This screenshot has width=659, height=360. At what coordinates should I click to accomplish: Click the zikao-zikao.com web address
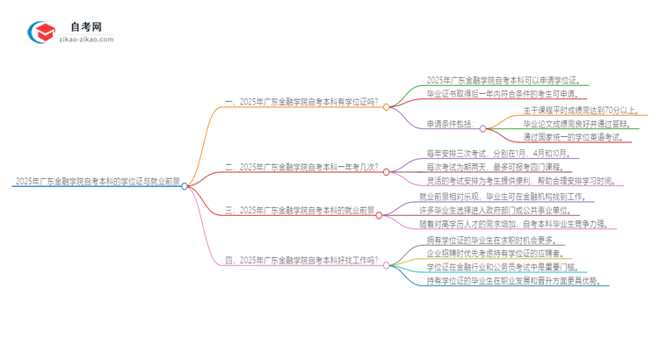point(87,40)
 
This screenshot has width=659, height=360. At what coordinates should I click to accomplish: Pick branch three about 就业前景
point(301,210)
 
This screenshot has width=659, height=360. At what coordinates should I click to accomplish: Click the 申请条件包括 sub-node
point(449,124)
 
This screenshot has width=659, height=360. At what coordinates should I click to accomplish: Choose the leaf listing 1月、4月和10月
point(497,154)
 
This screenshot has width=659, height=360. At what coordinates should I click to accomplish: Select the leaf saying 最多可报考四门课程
point(497,167)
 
